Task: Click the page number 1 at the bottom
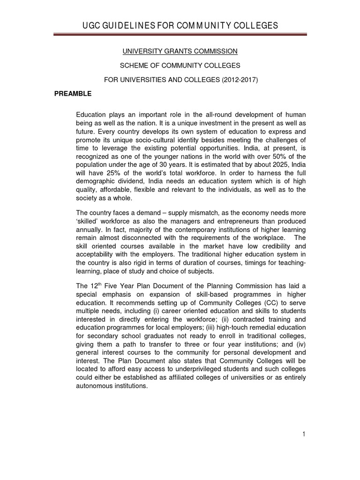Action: click(x=304, y=435)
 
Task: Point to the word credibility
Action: click(x=268, y=246)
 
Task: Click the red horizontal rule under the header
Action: click(x=180, y=34)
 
